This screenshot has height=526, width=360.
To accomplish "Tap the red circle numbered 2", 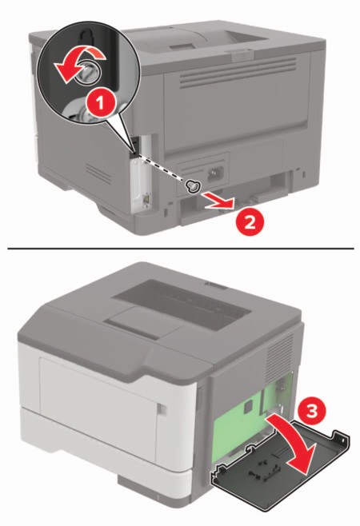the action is click(250, 222).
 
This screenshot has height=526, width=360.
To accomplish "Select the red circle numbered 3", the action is click(311, 410).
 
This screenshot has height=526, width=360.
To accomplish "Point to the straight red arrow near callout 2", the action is click(220, 202).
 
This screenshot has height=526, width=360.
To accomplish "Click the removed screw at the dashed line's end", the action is click(193, 186).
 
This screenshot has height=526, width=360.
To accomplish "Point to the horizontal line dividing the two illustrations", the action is click(181, 249).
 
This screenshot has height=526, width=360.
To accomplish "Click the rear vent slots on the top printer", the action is click(238, 72).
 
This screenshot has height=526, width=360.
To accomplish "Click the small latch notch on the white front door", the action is click(161, 408).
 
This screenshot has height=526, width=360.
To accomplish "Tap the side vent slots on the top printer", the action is click(98, 173).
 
